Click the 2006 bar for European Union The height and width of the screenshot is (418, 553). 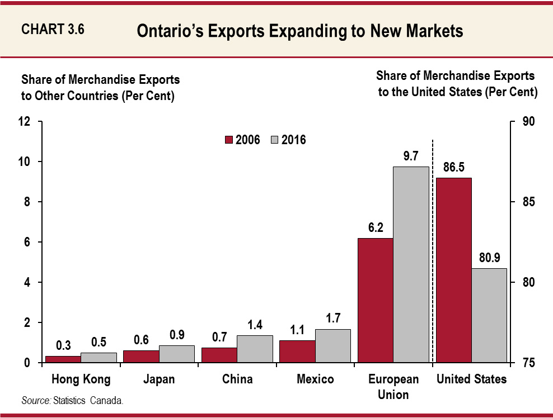click(x=375, y=300)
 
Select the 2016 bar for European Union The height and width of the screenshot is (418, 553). click(x=411, y=265)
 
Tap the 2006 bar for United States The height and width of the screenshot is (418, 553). click(x=453, y=270)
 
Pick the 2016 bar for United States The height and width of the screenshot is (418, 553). click(x=489, y=315)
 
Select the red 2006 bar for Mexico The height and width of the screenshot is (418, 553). click(x=297, y=351)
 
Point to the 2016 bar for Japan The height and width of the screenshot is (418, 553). click(x=177, y=354)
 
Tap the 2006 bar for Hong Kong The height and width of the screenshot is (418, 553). click(x=63, y=359)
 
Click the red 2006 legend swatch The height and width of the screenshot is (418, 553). click(x=228, y=140)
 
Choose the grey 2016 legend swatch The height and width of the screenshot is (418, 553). click(x=274, y=140)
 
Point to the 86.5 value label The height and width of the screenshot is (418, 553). click(x=453, y=167)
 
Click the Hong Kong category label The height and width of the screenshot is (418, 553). click(x=81, y=379)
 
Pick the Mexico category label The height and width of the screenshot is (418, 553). click(x=315, y=379)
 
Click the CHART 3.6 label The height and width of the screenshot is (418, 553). click(x=53, y=30)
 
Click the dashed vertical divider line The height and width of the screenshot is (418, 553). click(x=432, y=251)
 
